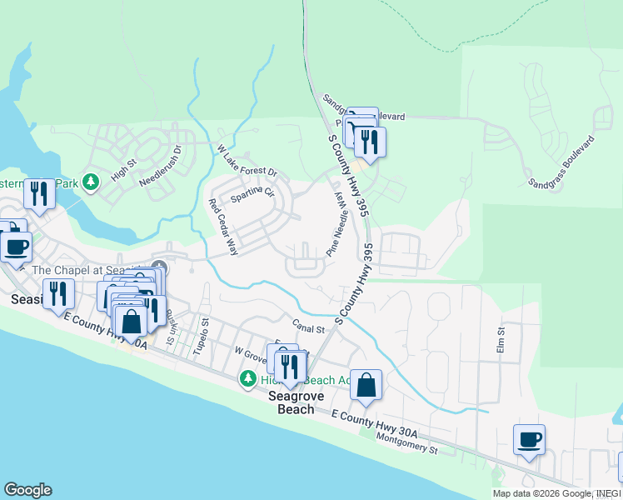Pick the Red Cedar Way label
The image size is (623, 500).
tap(224, 227)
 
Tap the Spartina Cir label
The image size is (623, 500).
tap(252, 195)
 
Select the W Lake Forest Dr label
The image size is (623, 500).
tap(247, 161)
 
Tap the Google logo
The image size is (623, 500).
tap(27, 490)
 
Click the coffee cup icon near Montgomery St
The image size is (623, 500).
tap(529, 439)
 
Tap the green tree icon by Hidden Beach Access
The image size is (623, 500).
tap(247, 379)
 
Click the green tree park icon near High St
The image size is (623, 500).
tap(92, 181)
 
